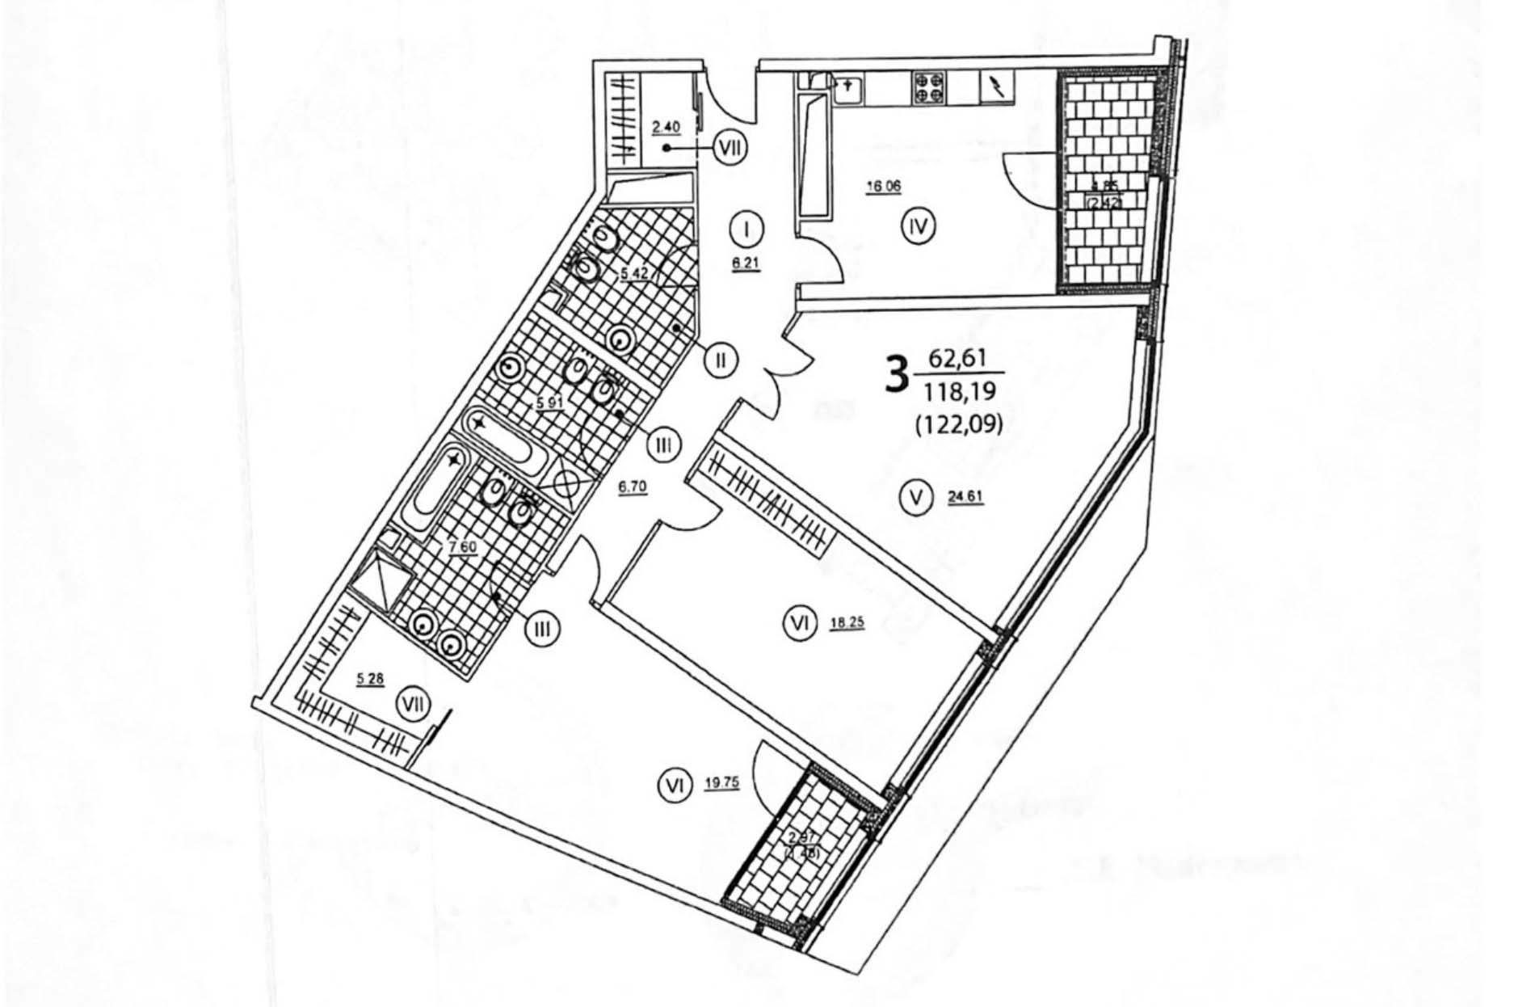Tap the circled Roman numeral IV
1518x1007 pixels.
[x=918, y=227]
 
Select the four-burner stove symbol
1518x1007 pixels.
[x=929, y=86]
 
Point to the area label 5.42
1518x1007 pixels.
[x=633, y=274]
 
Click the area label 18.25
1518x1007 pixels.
[x=847, y=623]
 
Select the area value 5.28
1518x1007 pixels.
[x=370, y=679]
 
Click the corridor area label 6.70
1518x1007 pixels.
[x=632, y=489]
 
